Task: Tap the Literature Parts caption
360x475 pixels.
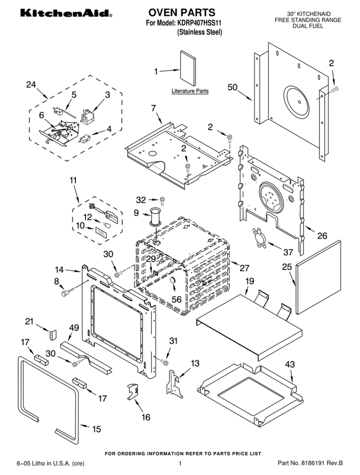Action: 190,91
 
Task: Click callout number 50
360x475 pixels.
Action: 232,87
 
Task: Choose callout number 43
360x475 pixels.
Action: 290,364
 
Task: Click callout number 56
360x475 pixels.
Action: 176,299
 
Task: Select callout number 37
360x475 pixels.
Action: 288,252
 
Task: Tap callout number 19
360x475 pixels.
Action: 250,281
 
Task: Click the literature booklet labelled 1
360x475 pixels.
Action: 187,68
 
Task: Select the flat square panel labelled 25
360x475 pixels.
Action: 319,277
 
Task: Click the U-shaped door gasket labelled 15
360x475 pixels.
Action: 49,392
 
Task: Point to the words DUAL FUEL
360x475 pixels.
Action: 307,26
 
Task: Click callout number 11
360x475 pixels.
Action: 73,180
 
